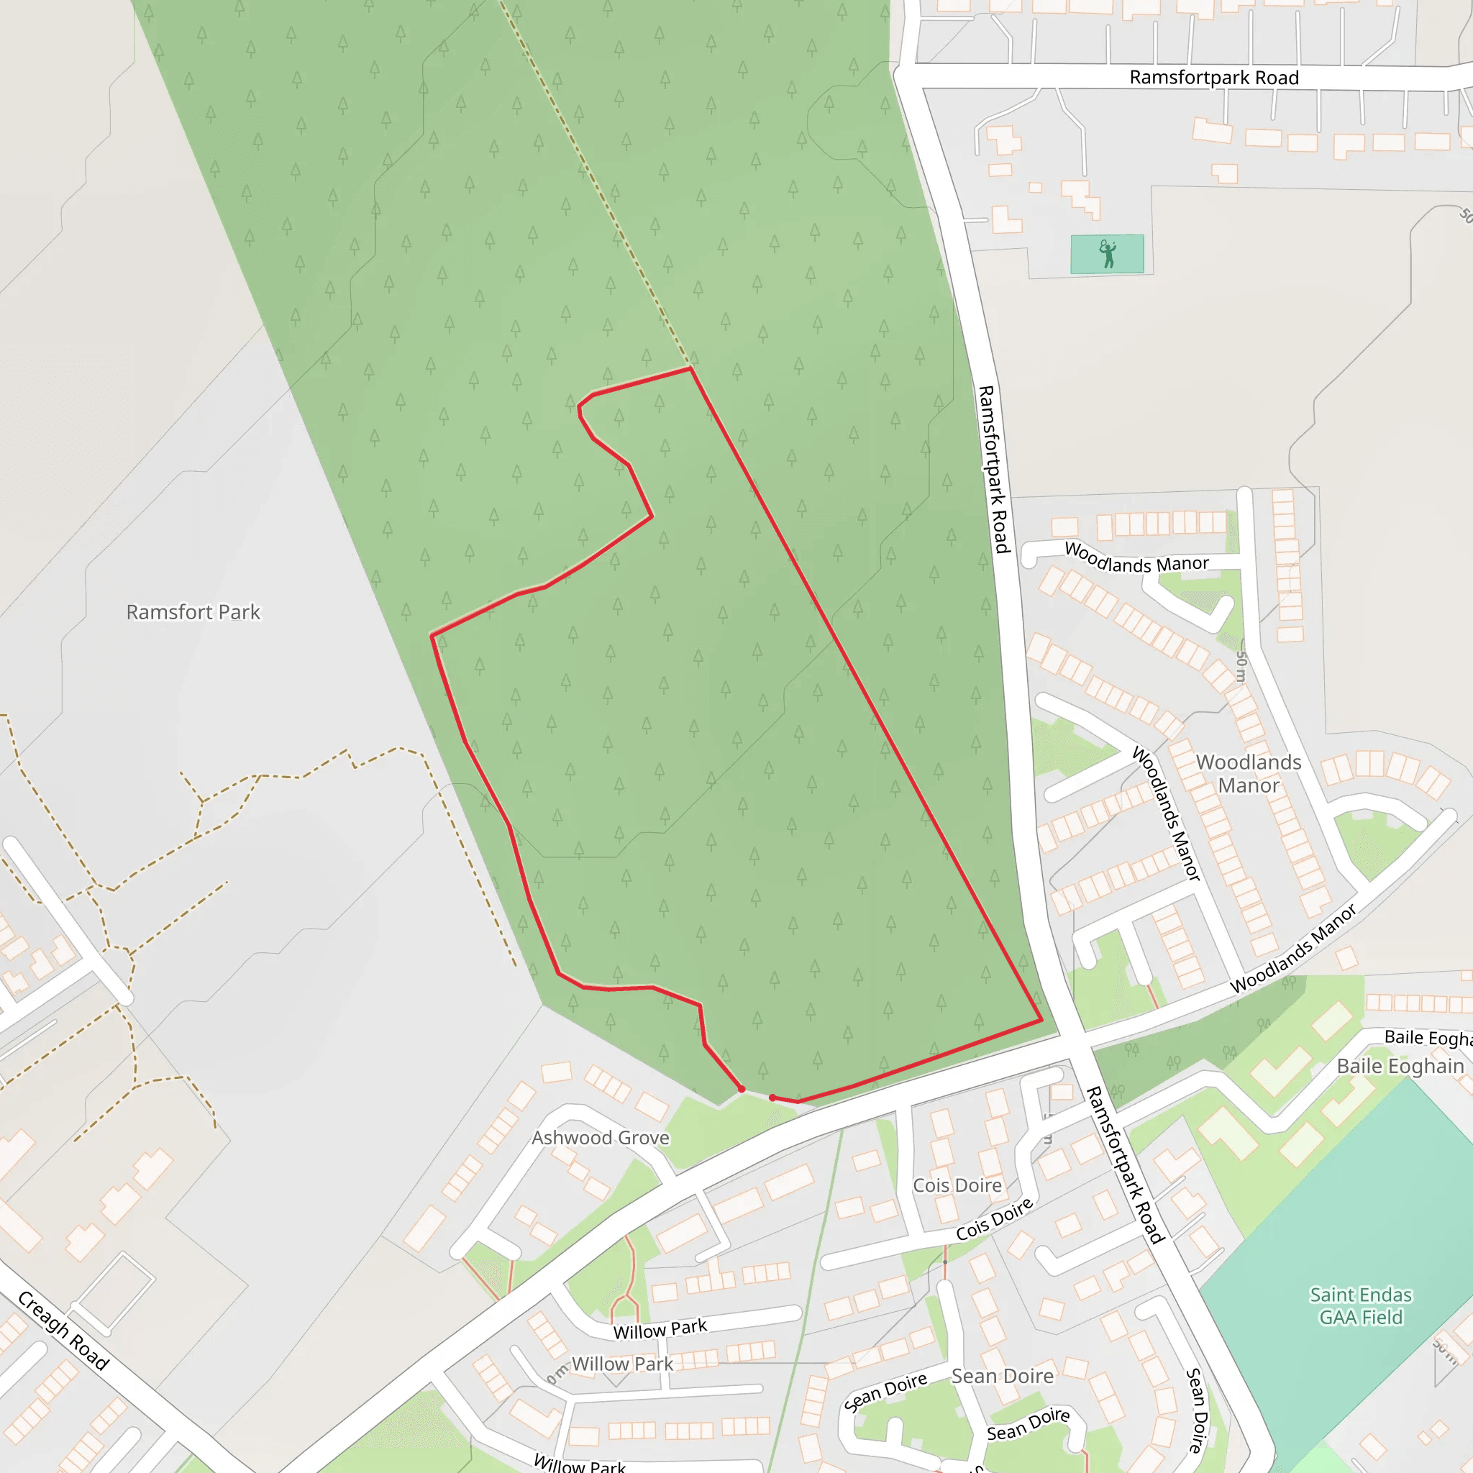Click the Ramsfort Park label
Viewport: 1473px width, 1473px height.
click(193, 612)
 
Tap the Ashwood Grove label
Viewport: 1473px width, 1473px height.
click(600, 1138)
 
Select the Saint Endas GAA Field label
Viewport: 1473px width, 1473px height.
click(1361, 1306)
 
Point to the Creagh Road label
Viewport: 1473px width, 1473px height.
click(63, 1331)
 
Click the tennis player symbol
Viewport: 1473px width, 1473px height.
click(1108, 254)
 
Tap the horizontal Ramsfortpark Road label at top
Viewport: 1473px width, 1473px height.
click(1214, 77)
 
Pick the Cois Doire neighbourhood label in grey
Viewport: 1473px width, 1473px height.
click(957, 1185)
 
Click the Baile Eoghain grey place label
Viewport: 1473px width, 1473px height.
click(1400, 1066)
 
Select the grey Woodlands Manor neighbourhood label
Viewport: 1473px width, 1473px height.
click(1249, 773)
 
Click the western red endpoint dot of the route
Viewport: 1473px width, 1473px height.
click(741, 1090)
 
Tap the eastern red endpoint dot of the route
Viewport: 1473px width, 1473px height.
click(772, 1098)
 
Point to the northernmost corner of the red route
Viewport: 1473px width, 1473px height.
click(690, 368)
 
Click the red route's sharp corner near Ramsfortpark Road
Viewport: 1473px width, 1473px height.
click(1041, 1020)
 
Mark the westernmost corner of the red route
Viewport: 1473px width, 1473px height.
click(432, 635)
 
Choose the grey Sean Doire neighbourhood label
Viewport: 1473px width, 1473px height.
click(1003, 1376)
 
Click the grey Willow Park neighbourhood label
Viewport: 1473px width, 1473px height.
click(622, 1364)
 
